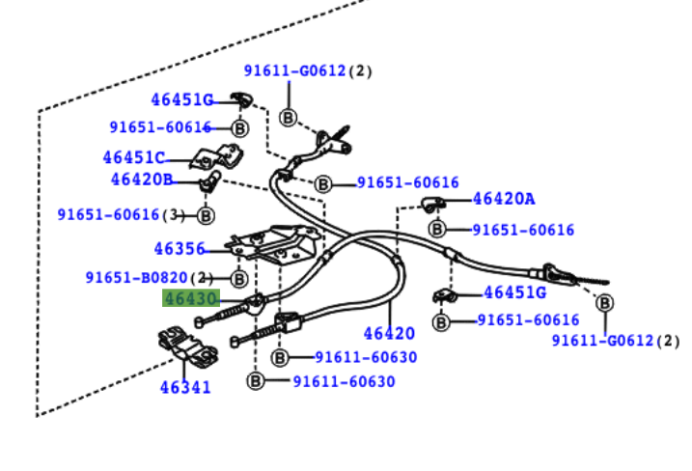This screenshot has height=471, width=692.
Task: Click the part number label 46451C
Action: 134,157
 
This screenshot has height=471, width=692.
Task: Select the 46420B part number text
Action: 141,179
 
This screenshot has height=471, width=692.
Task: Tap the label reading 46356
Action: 180,249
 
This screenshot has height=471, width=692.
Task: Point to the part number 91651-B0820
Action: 138,277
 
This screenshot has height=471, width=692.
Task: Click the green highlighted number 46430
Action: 190,298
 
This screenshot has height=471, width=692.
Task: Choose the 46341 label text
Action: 185,387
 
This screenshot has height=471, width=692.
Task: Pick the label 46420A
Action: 503,199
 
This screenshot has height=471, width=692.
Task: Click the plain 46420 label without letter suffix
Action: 389,334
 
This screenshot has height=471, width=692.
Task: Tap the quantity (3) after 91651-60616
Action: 173,214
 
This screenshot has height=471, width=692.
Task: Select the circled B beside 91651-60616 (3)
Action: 206,215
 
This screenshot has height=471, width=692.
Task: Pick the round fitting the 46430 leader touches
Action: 257,306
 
